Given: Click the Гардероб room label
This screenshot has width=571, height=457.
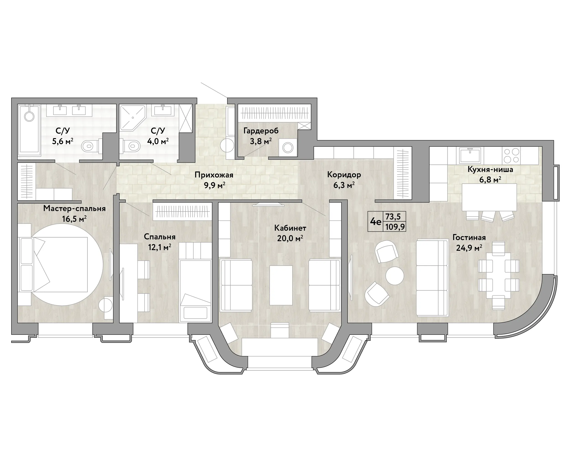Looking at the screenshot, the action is pos(261,131).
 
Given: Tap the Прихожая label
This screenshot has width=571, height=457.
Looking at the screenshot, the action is pos(214,175).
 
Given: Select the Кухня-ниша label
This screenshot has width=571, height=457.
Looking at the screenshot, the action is pos(490,169).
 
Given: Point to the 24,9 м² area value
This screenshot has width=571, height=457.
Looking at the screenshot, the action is pos(469,248).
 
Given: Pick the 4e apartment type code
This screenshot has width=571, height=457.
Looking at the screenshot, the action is pos(375,222).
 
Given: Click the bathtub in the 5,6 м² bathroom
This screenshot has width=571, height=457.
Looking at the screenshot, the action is pos(29,130).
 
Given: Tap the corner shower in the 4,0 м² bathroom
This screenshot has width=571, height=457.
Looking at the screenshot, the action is pos(132,118).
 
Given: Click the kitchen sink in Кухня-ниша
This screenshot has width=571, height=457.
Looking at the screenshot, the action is pos(470,155).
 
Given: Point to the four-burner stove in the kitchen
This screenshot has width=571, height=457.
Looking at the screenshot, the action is pos(511,155).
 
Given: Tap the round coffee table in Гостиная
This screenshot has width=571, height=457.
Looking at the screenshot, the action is pos(395,275).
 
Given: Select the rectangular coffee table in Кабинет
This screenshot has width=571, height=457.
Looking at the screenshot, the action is pos(281,285).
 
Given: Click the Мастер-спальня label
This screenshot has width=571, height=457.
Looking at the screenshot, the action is pos(74,209).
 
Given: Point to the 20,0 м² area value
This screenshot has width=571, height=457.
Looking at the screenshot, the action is pos(290,238).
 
